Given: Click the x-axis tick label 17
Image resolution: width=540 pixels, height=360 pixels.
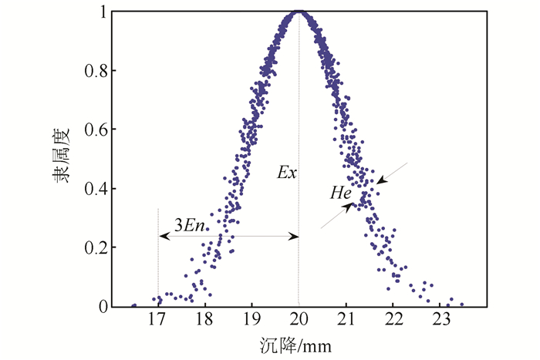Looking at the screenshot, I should (x=157, y=320).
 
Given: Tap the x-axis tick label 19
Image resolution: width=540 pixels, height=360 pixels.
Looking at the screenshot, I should (x=251, y=320).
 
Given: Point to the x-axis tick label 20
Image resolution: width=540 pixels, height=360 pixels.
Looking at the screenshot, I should (x=299, y=320).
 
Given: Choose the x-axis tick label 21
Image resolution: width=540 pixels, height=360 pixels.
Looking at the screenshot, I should (x=346, y=320).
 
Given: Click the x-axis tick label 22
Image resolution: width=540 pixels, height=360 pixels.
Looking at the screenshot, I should (x=393, y=320).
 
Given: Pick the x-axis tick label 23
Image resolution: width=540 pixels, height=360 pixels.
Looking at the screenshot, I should (x=440, y=320).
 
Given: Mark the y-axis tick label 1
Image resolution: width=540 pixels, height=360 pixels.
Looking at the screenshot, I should (x=102, y=12).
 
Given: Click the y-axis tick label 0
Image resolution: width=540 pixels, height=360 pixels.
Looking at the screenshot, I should (x=102, y=307).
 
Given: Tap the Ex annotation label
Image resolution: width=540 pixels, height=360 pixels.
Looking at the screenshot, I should (x=286, y=173).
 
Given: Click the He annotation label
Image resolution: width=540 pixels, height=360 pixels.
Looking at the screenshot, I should (x=341, y=193).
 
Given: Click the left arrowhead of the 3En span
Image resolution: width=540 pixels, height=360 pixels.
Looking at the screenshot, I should (x=162, y=236).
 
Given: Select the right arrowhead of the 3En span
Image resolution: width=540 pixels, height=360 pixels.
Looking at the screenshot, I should (x=294, y=236).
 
